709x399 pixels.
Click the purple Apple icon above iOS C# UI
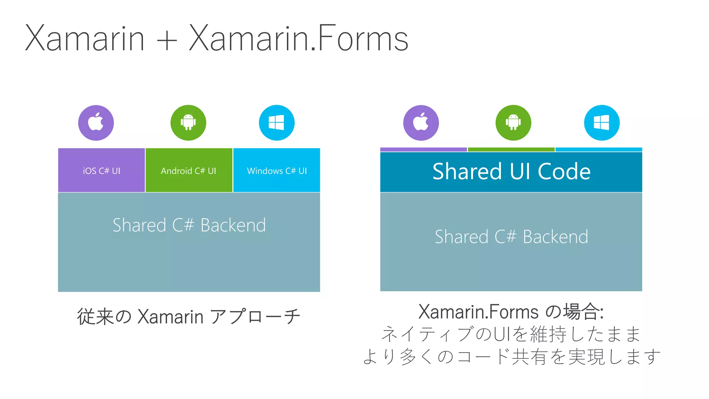pyautogui.click(x=96, y=123)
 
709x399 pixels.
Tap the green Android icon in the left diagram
pyautogui.click(x=188, y=123)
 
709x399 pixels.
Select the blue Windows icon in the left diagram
pyautogui.click(x=277, y=123)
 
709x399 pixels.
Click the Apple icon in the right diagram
pyautogui.click(x=421, y=123)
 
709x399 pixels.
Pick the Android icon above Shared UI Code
pyautogui.click(x=513, y=123)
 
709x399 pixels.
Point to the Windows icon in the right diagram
pyautogui.click(x=602, y=123)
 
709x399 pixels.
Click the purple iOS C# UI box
pyautogui.click(x=101, y=170)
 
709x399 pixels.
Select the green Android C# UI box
pyautogui.click(x=189, y=170)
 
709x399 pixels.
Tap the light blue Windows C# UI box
pyautogui.click(x=277, y=170)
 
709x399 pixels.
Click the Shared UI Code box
pyautogui.click(x=511, y=172)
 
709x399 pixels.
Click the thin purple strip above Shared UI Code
pyautogui.click(x=423, y=150)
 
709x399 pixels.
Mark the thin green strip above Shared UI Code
pyautogui.click(x=511, y=150)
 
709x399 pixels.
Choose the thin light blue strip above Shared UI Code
pyautogui.click(x=599, y=150)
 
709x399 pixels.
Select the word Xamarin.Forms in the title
pyautogui.click(x=298, y=38)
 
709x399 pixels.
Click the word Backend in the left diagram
pyautogui.click(x=233, y=225)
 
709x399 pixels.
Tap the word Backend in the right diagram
pyautogui.click(x=555, y=237)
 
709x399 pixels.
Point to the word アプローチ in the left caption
pyautogui.click(x=255, y=317)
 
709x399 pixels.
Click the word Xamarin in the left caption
pyautogui.click(x=170, y=317)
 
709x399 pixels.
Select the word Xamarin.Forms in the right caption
pyautogui.click(x=478, y=311)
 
